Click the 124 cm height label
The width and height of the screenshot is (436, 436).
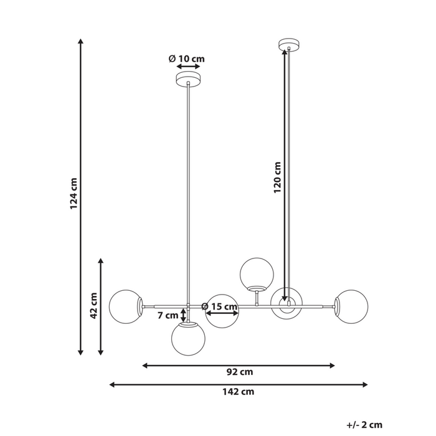click(x=73, y=194)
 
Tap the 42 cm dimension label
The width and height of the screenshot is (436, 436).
click(x=94, y=306)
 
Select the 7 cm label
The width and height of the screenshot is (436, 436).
click(x=168, y=315)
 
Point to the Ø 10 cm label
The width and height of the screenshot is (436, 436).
click(x=187, y=59)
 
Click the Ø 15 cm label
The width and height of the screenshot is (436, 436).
click(x=219, y=306)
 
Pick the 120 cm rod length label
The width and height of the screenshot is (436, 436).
click(x=277, y=177)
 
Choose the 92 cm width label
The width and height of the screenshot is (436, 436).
click(x=240, y=372)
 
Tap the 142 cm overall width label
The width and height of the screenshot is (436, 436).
click(x=239, y=392)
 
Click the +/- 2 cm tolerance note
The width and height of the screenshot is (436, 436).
click(x=364, y=425)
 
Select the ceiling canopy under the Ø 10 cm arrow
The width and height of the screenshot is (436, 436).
click(x=188, y=79)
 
